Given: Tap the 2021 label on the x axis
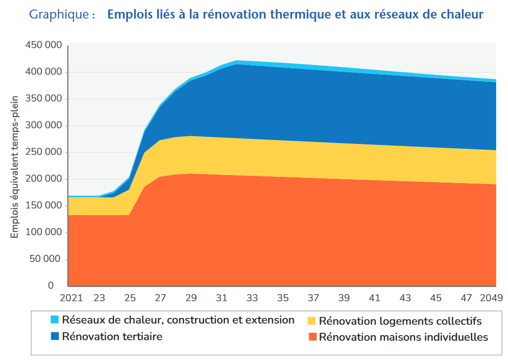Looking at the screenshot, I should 71,298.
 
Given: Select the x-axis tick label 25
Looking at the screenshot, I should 130,298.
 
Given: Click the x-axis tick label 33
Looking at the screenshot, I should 252,298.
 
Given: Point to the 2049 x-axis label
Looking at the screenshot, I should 491,298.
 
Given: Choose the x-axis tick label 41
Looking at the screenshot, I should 375,298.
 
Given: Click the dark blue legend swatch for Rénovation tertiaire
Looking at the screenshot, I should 54,337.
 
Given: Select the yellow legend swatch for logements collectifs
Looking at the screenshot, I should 312,320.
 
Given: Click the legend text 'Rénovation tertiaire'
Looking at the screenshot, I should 112,337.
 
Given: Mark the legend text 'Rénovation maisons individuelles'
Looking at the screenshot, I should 403,337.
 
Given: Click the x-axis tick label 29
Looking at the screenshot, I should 191,298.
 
